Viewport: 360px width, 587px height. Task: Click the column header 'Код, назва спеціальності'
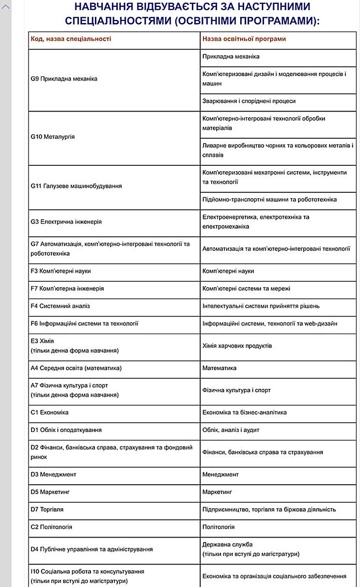[71, 39]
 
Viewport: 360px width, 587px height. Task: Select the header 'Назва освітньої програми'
[244, 39]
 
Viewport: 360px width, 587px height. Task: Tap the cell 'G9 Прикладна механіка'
[64, 78]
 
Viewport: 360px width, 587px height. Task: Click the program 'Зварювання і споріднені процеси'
[249, 101]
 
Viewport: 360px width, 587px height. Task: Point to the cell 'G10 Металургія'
[53, 136]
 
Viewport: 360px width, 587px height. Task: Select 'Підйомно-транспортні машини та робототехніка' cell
[270, 200]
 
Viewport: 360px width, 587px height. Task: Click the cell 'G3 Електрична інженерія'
[66, 222]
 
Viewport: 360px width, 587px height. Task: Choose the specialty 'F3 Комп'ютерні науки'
[61, 271]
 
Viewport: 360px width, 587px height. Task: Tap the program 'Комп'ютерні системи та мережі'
[247, 289]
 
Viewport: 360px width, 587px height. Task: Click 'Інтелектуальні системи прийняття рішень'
[261, 306]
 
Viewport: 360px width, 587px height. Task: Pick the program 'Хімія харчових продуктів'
[237, 346]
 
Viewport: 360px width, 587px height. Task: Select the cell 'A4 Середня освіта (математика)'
[76, 368]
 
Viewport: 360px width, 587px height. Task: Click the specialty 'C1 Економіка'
[49, 412]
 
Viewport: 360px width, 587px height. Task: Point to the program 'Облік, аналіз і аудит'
[231, 430]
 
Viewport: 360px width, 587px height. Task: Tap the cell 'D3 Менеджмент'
[53, 474]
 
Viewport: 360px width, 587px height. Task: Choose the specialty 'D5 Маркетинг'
[51, 492]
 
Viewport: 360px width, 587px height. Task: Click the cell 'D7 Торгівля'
[47, 509]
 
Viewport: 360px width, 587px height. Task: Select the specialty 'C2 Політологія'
[51, 527]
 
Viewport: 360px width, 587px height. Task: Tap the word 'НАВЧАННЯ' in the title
[105, 7]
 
